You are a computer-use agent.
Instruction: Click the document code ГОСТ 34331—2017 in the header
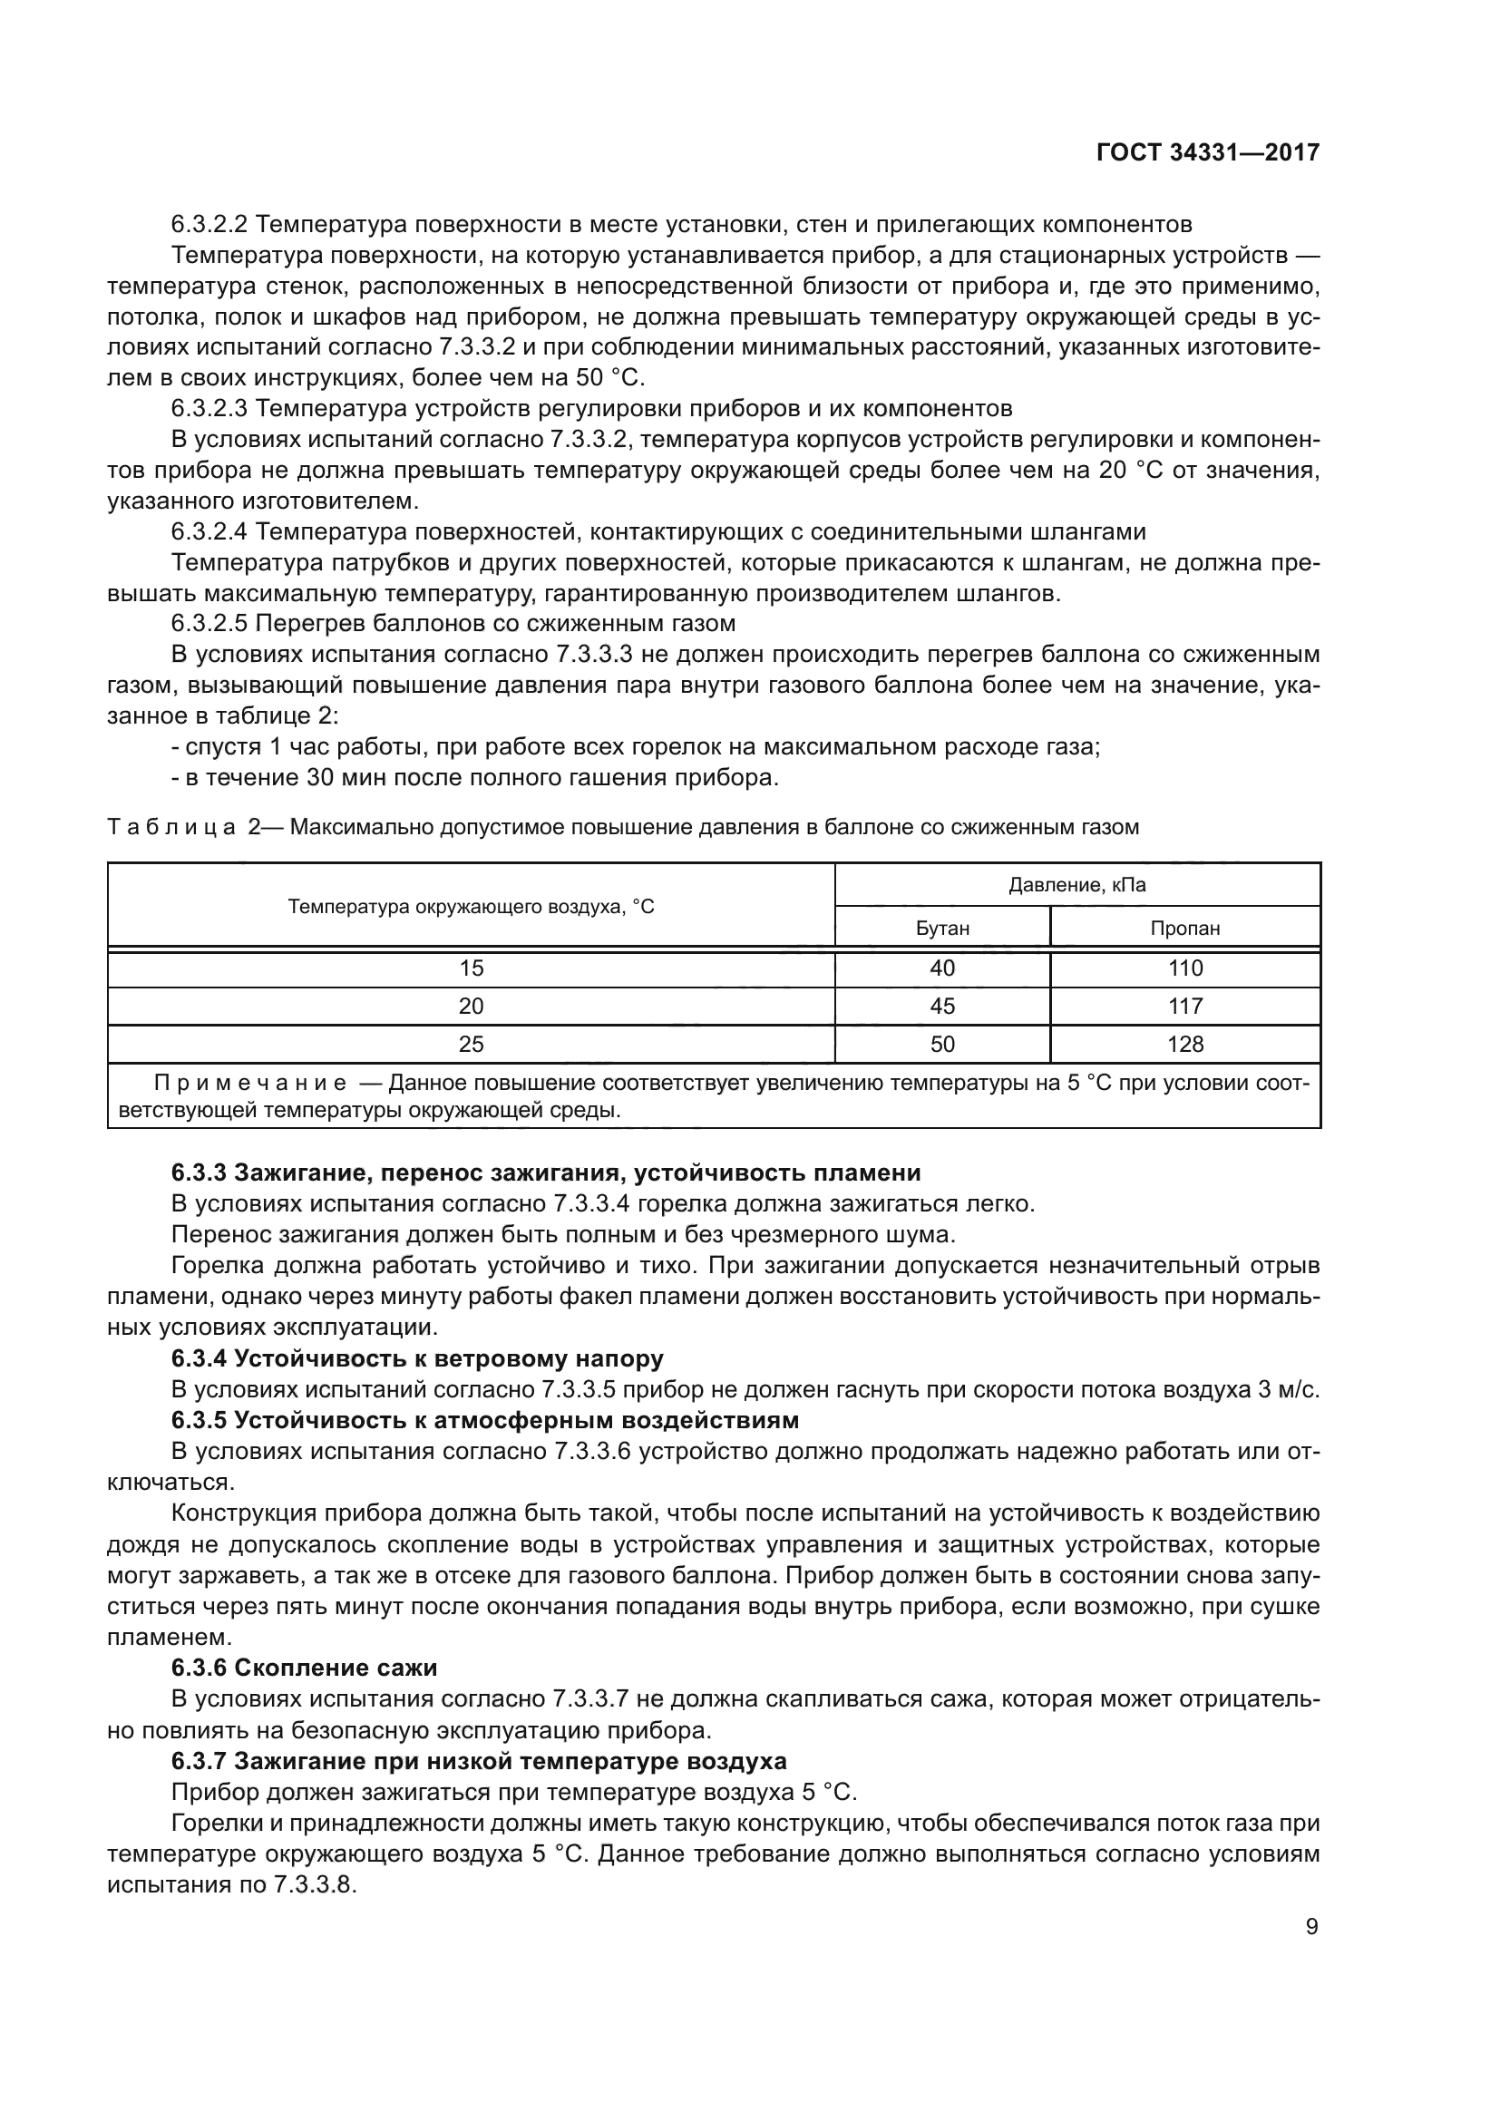click(1207, 153)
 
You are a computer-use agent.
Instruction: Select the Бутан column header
click(942, 929)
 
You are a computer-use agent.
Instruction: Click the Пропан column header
click(1185, 929)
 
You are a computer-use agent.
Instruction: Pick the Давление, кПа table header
click(1077, 885)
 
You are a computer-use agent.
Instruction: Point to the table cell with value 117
click(1185, 1006)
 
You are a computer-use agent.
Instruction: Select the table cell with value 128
click(1185, 1044)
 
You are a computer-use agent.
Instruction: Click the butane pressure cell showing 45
click(942, 1006)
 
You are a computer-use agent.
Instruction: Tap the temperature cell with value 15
click(471, 968)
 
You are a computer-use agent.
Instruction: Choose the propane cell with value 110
click(1185, 968)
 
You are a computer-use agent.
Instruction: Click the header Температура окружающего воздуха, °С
click(471, 906)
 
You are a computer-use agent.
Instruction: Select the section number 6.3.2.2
click(209, 225)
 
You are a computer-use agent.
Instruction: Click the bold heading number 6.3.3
click(199, 1173)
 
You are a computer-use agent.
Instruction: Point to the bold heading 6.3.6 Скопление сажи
click(304, 1668)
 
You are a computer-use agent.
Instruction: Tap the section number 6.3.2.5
click(209, 624)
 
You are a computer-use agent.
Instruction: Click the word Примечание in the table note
click(250, 1083)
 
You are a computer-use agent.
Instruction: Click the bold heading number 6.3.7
click(199, 1761)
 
